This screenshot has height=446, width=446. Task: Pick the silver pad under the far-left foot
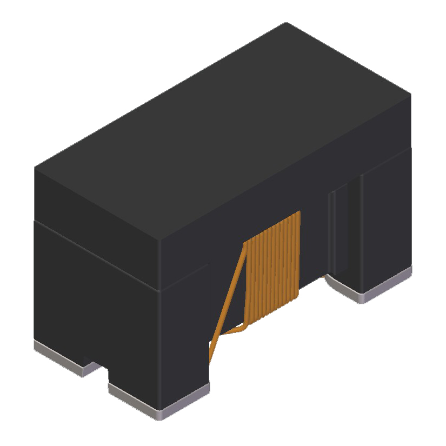pos(59,360)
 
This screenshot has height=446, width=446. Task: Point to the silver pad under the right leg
pos(373,289)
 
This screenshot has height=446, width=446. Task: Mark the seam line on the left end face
pos(97,254)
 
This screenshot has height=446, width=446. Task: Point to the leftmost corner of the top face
pos(35,168)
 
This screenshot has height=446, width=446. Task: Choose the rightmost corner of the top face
pos(410,95)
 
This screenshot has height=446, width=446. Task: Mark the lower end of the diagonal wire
pos(211,360)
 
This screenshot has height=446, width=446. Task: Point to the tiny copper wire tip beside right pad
pos(325,277)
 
